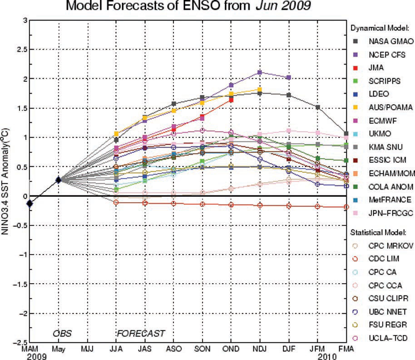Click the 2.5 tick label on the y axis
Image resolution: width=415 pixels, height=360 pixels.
(17, 50)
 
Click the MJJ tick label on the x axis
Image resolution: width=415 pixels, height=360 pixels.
(87, 348)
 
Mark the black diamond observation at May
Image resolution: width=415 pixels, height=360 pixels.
(58, 180)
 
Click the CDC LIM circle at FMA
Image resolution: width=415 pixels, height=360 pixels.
(346, 207)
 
